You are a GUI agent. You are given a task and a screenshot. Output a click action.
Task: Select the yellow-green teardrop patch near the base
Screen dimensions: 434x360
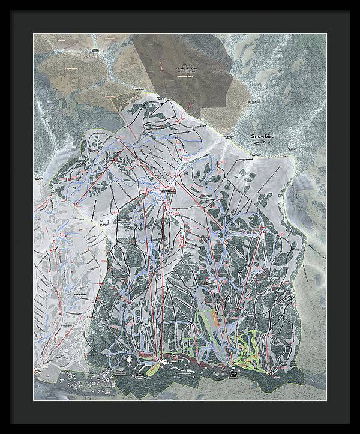tap(152, 367)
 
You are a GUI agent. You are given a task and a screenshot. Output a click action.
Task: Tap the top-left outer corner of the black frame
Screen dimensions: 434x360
tap(1, 1)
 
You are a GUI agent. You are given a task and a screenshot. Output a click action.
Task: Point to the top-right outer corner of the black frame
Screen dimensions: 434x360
tap(359, 1)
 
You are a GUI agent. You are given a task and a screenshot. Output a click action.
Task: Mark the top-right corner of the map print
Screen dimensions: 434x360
tap(326, 34)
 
